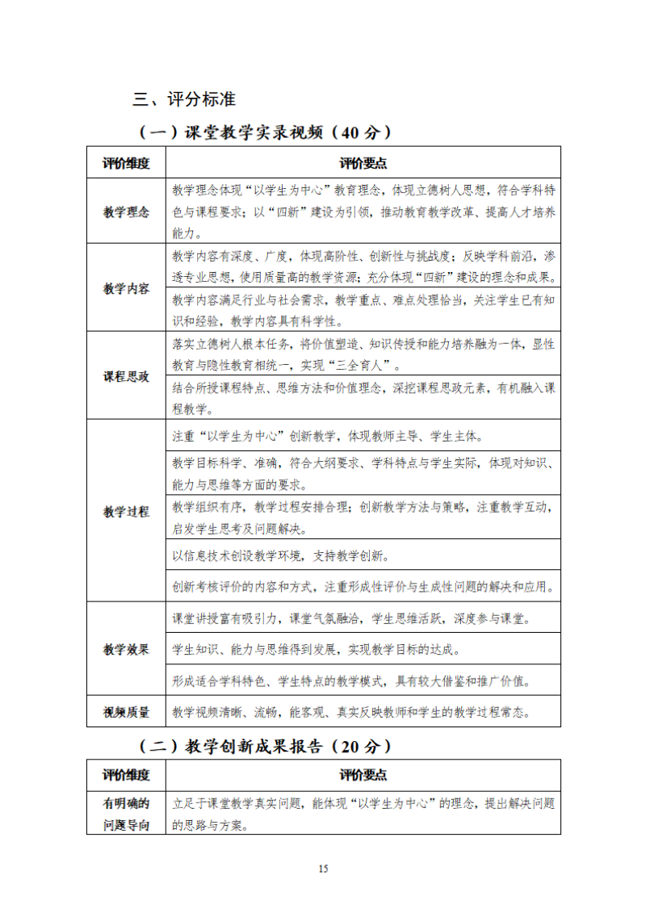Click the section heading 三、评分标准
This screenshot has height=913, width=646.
coord(184,99)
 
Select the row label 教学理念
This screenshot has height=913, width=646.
coord(126,212)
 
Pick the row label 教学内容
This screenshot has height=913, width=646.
coord(126,288)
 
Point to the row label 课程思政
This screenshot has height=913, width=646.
coord(126,376)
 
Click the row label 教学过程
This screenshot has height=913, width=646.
coord(126,511)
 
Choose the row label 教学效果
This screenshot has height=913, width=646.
coord(126,649)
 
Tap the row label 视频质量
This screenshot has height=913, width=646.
coord(126,711)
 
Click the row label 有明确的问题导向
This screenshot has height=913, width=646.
coord(126,814)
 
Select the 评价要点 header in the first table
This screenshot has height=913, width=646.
coord(363,162)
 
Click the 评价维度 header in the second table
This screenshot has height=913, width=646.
coord(126,775)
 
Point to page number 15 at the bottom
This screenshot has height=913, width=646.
coord(323,869)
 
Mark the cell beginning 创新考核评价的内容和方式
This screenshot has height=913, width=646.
coord(363,586)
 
